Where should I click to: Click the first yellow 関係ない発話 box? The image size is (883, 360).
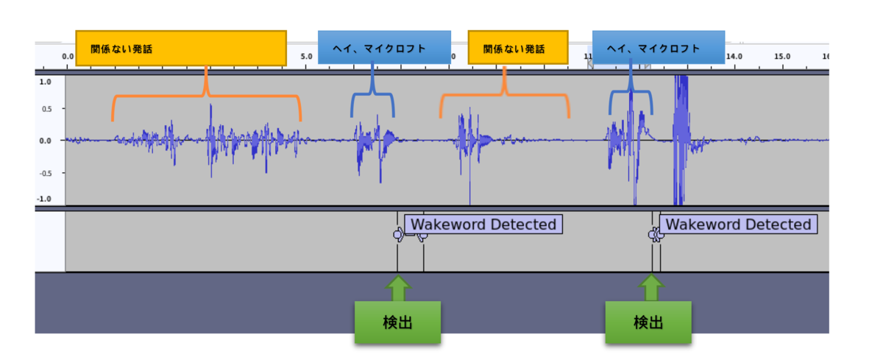[x=181, y=48]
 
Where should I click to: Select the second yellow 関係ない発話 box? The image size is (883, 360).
[x=518, y=47]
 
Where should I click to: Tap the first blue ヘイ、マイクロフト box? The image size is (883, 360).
[x=384, y=47]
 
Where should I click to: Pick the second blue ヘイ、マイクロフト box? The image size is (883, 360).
[x=659, y=47]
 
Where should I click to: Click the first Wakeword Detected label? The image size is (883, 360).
[x=483, y=225]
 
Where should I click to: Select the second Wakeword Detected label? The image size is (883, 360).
[x=738, y=225]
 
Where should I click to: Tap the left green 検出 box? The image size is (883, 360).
[x=398, y=322]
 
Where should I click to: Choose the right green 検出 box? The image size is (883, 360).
[x=648, y=322]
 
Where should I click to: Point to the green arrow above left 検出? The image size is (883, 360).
[x=398, y=289]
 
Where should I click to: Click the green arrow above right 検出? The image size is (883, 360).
[x=651, y=287]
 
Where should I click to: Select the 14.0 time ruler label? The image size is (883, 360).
[x=734, y=57]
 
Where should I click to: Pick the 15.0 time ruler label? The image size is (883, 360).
[x=782, y=57]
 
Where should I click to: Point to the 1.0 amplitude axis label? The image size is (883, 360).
[x=46, y=82]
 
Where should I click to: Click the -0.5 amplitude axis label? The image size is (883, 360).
[x=46, y=173]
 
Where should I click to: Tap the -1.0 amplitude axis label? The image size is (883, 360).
[x=44, y=199]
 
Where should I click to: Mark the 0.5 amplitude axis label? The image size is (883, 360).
[x=46, y=108]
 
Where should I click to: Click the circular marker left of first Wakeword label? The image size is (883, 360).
[x=398, y=235]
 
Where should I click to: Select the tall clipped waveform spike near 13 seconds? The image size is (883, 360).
[x=681, y=140]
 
